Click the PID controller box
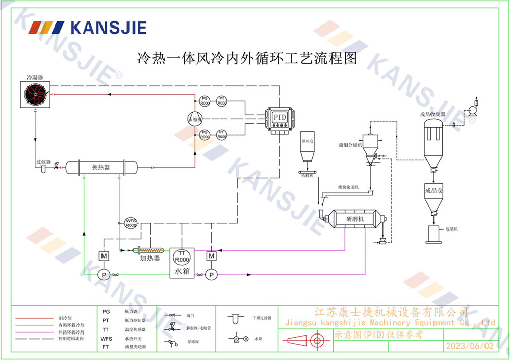coord(280,118)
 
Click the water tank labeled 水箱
coord(182,263)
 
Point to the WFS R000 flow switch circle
coord(131,223)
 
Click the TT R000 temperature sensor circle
coord(182,255)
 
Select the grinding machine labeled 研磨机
coord(354,219)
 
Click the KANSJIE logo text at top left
coord(108,27)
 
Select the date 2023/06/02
coord(470,346)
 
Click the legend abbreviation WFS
coord(107,339)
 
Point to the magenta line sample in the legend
coord(35,331)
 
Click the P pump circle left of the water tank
coord(104,275)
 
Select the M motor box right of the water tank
coord(211,255)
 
